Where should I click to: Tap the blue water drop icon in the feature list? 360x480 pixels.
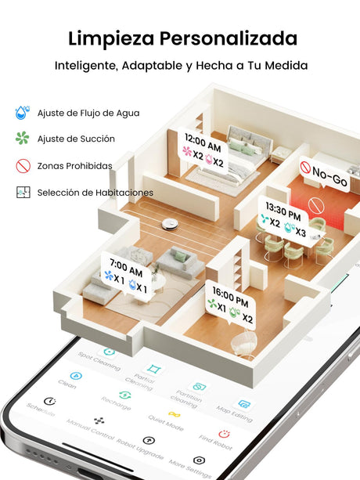(22, 112)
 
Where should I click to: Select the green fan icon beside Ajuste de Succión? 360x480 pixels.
(23, 138)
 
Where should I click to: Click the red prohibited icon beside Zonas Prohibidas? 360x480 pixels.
(23, 166)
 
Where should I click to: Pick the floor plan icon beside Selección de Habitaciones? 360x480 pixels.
(23, 193)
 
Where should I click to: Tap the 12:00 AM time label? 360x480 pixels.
(203, 143)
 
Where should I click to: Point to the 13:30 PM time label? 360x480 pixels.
(283, 211)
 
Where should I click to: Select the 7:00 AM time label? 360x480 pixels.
(126, 267)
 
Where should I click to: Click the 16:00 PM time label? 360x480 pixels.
(230, 297)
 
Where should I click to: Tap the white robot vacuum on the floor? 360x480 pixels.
(170, 225)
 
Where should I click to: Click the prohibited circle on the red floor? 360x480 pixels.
(316, 205)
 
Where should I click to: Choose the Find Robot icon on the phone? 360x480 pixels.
(225, 434)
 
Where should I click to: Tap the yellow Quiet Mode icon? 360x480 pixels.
(175, 414)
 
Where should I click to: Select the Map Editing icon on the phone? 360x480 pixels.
(244, 404)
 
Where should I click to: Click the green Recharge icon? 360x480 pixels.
(124, 395)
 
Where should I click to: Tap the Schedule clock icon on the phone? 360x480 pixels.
(50, 401)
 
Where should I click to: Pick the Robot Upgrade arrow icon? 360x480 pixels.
(149, 440)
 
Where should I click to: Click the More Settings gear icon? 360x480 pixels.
(199, 460)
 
